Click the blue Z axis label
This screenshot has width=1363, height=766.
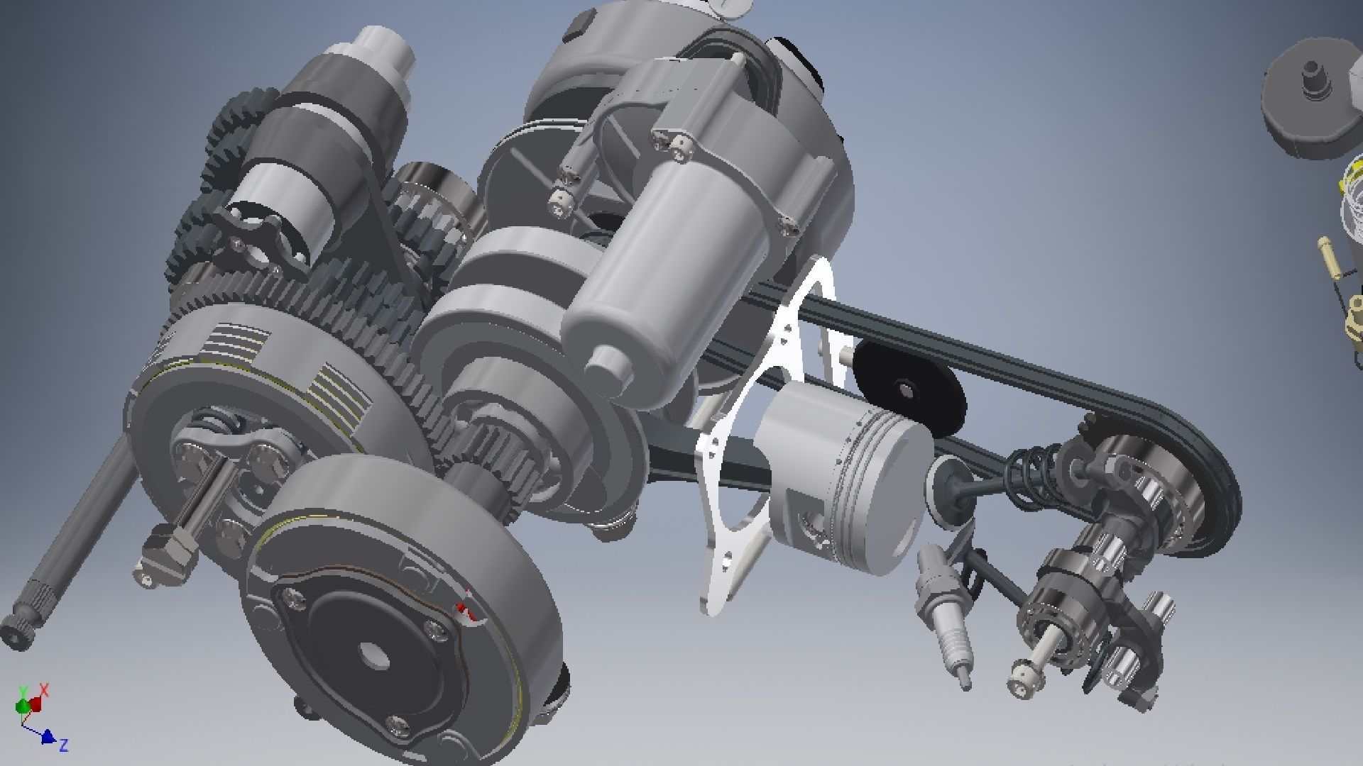[x=63, y=745]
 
